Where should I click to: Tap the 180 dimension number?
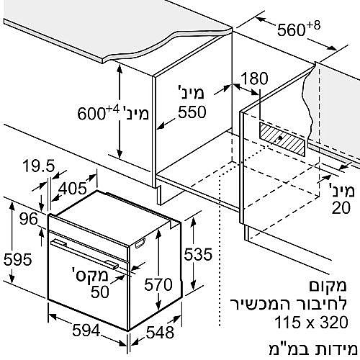254,78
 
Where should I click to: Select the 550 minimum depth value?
192,112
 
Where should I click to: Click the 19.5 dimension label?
39,166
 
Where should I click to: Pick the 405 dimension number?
73,189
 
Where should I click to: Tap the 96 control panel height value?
29,219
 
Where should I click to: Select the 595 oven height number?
18,259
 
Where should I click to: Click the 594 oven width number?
86,330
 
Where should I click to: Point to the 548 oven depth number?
160,333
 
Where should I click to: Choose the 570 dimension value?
158,285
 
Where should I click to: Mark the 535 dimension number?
198,254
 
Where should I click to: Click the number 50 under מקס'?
100,292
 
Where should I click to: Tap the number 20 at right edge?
341,207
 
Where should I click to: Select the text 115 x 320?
311,322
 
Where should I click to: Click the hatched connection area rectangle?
282,139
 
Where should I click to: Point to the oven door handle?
84,253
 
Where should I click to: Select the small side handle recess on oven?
141,243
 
